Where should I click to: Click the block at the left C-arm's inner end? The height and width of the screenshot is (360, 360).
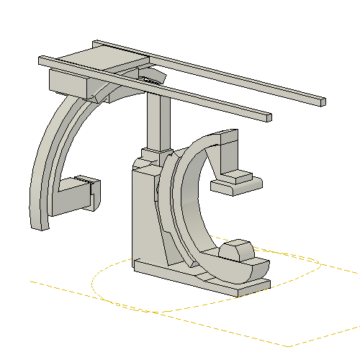pos(76,196)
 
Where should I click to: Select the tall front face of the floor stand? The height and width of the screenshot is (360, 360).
pos(144,216)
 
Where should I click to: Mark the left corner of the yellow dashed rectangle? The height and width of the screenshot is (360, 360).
pos(30,279)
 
